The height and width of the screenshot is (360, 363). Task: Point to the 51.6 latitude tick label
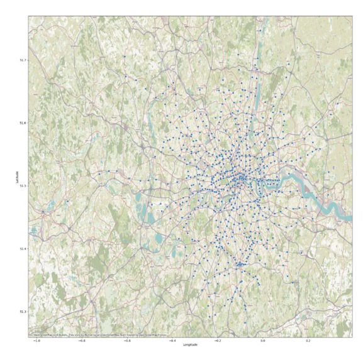pos(23,123)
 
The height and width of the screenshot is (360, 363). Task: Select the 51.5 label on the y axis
pos(23,186)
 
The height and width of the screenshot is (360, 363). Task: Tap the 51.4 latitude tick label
pos(23,249)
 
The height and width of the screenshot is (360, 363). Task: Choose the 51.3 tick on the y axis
pos(23,312)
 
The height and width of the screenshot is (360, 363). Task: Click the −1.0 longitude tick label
pos(36,340)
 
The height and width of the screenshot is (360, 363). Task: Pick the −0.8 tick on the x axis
pos(82,340)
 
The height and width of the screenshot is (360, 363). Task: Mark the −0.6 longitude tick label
pos(127,340)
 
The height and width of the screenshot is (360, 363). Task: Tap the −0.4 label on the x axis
pos(172,340)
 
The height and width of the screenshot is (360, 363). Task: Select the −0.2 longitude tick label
pos(218,340)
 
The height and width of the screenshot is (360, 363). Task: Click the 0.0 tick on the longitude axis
pos(264,340)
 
